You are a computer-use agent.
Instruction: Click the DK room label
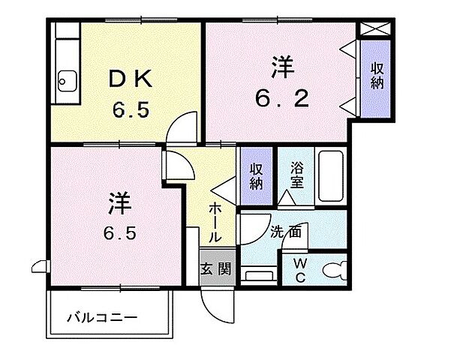click(x=131, y=77)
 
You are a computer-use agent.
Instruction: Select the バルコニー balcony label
click(x=101, y=317)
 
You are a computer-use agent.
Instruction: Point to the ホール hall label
click(x=215, y=221)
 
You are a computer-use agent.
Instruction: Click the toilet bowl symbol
click(x=333, y=268)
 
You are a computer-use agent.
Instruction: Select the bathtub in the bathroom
click(x=330, y=175)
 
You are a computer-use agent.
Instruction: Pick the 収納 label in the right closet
click(x=377, y=74)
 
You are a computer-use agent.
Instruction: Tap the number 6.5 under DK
click(x=131, y=109)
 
